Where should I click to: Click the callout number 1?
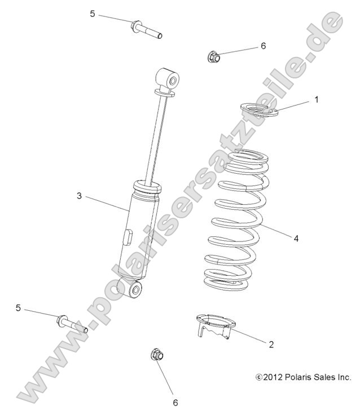[317, 99]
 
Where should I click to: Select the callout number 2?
[271, 344]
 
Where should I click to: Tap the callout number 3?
[80, 195]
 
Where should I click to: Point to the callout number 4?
[311, 238]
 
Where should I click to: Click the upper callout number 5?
[93, 14]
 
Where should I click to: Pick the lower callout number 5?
[19, 308]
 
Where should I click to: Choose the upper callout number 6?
[263, 46]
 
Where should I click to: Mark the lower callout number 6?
[175, 402]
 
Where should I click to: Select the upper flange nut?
[213, 56]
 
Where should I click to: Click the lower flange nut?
[156, 355]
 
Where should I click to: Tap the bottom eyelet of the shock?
[137, 290]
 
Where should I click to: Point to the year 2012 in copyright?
[274, 377]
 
